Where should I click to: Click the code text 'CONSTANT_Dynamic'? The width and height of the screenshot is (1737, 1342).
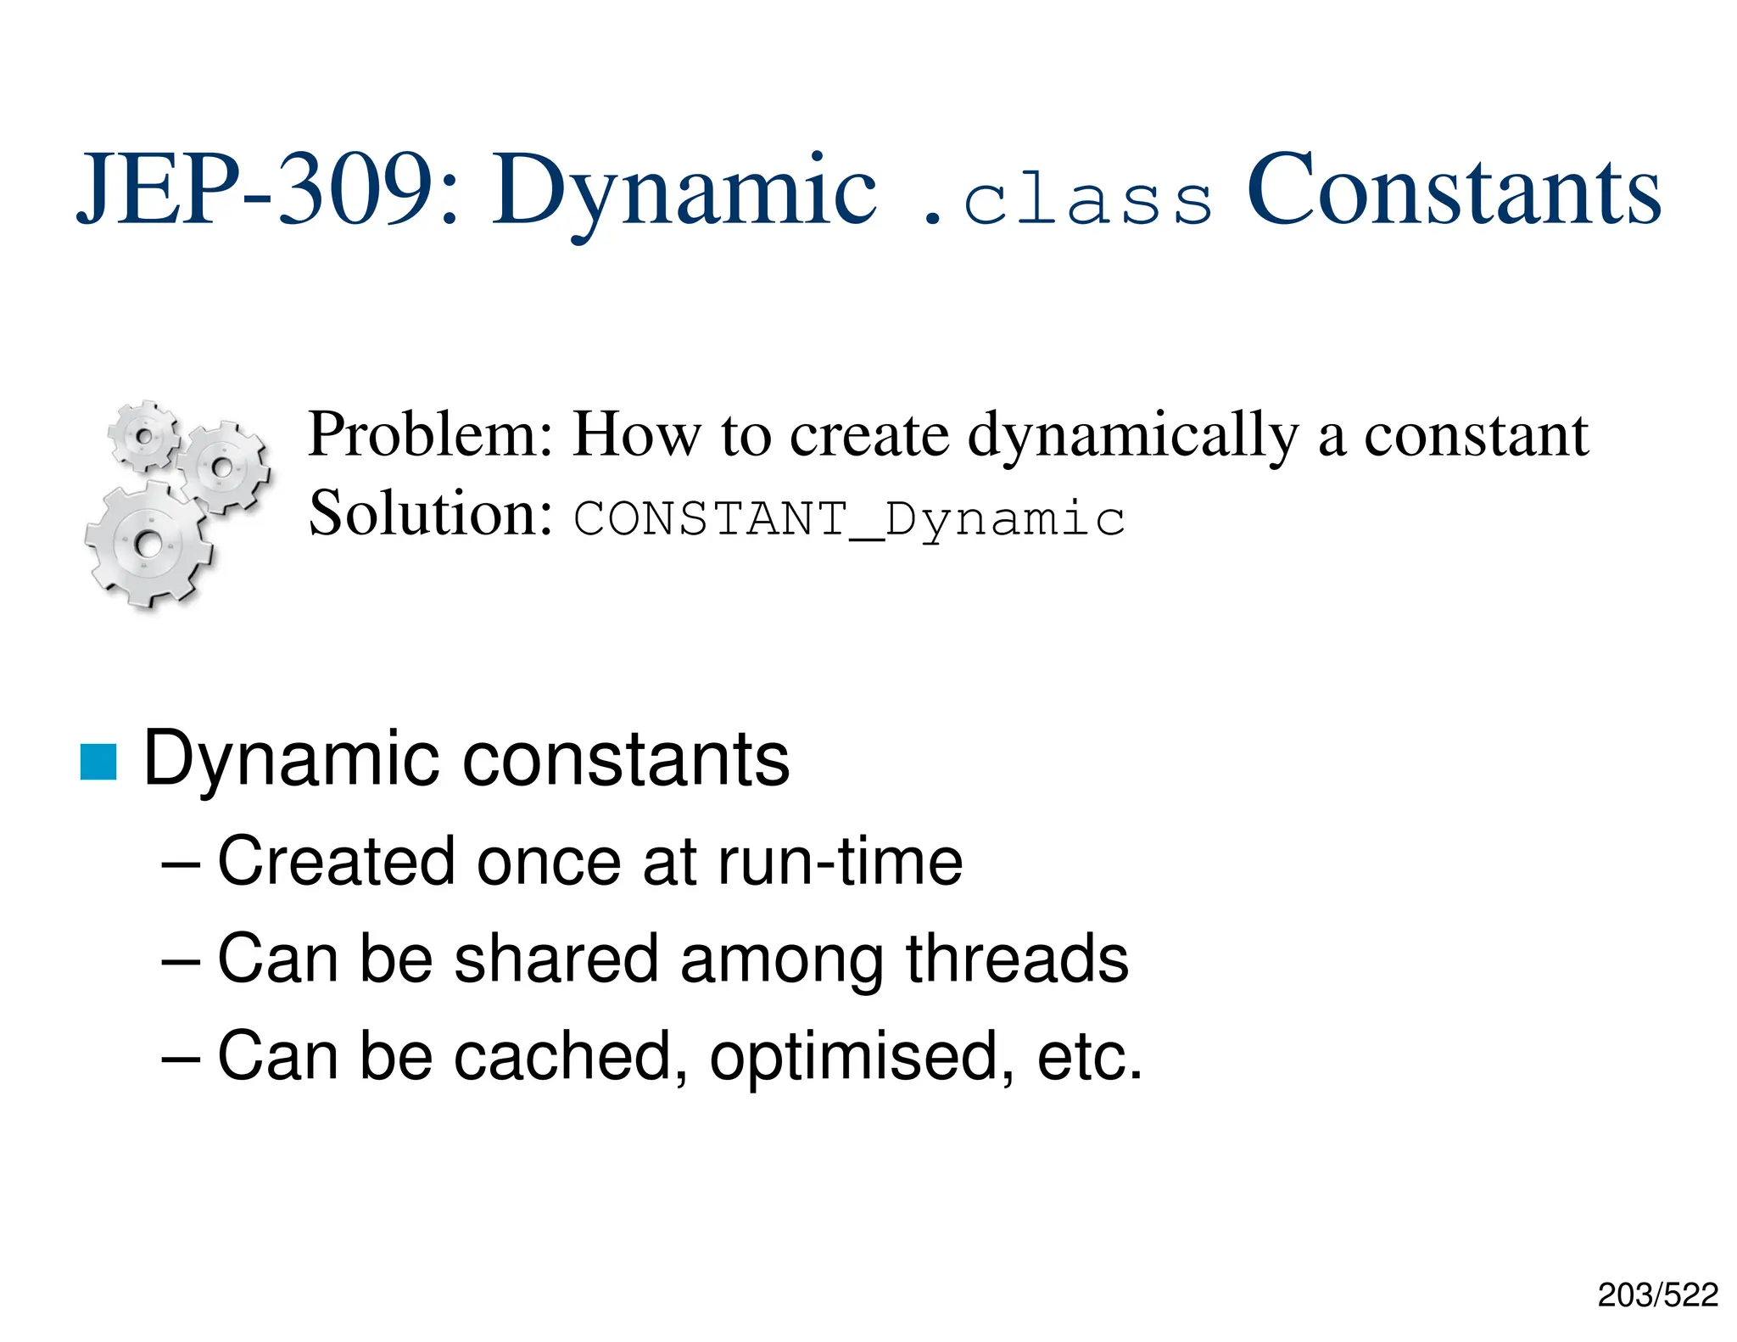point(849,519)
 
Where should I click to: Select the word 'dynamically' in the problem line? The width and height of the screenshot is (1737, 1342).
point(1133,437)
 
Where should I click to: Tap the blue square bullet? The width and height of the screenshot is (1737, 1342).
point(98,761)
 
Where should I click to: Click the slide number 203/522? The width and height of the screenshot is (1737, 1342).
point(1657,1294)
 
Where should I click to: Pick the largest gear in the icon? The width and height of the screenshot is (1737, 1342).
point(148,543)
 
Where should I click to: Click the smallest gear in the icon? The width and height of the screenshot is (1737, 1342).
point(144,436)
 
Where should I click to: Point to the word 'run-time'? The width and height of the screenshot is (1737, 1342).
point(840,862)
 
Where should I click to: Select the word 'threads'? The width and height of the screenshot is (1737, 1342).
point(1017,959)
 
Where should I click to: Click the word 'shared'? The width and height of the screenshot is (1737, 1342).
point(556,959)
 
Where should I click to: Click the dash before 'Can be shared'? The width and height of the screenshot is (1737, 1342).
point(181,960)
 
